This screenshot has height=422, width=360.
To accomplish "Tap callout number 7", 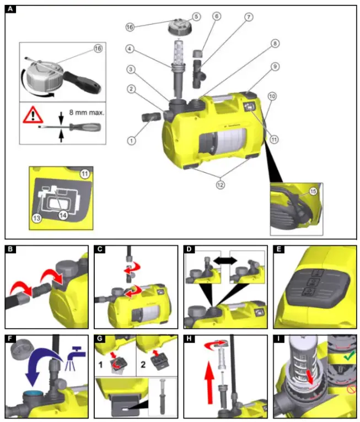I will pos(249,17).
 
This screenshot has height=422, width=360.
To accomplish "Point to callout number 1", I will pos(131,140).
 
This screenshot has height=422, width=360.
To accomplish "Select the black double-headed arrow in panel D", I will pos(227,258).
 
